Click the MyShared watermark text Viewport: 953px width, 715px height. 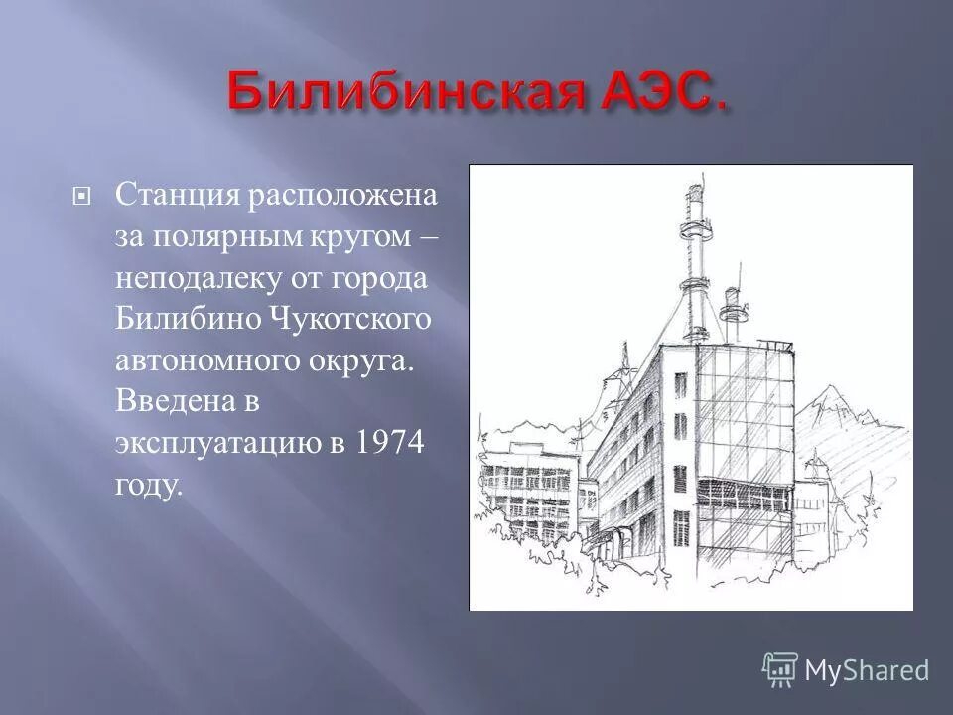[868, 670]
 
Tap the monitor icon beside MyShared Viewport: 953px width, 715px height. [780, 669]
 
